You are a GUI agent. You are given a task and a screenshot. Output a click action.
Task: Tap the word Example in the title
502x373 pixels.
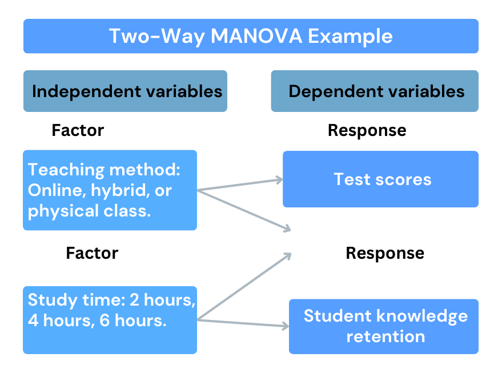pyautogui.click(x=351, y=37)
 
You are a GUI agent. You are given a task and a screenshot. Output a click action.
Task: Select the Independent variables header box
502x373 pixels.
pyautogui.click(x=125, y=91)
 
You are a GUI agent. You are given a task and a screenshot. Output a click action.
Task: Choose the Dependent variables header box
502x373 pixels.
pyautogui.click(x=375, y=91)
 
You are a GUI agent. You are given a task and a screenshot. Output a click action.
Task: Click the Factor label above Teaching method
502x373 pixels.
pyautogui.click(x=78, y=130)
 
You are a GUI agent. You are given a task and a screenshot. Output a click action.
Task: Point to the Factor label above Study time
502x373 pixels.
pyautogui.click(x=92, y=253)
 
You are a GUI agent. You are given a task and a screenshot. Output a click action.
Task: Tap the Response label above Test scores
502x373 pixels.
pyautogui.click(x=367, y=130)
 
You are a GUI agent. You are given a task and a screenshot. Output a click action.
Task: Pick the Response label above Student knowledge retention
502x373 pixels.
pyautogui.click(x=385, y=253)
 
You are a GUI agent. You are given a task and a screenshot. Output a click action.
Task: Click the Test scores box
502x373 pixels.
pyautogui.click(x=380, y=179)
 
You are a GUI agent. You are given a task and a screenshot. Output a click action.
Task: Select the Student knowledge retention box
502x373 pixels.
pyautogui.click(x=384, y=326)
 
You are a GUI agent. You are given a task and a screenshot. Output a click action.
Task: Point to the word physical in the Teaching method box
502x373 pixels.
pyautogui.click(x=58, y=211)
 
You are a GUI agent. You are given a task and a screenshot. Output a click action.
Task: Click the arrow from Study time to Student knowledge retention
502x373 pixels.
pyautogui.click(x=243, y=324)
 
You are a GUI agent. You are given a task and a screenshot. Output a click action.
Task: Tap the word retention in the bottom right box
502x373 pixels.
pyautogui.click(x=385, y=336)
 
